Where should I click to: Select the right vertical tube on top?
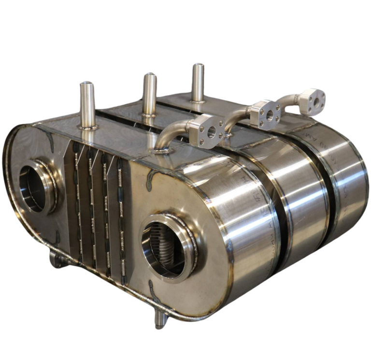[198, 82]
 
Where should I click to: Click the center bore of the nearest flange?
[209, 131]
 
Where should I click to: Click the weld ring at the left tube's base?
[87, 128]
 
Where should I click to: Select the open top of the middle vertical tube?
[149, 75]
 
